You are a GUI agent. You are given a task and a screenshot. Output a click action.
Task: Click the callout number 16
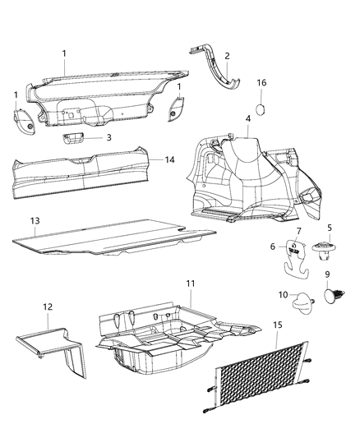[x=261, y=83]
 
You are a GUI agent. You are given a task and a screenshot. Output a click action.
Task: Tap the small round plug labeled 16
[x=262, y=108]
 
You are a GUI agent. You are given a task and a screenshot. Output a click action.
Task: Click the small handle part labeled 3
[x=79, y=138]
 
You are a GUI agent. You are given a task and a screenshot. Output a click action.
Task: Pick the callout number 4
[x=247, y=119]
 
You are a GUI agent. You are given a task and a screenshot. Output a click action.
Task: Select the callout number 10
[x=281, y=294]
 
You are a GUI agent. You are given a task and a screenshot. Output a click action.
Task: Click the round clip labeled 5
[x=320, y=247]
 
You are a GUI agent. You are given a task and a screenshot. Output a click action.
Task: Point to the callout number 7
[x=298, y=231]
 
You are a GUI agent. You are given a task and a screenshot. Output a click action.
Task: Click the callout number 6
[x=273, y=245]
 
